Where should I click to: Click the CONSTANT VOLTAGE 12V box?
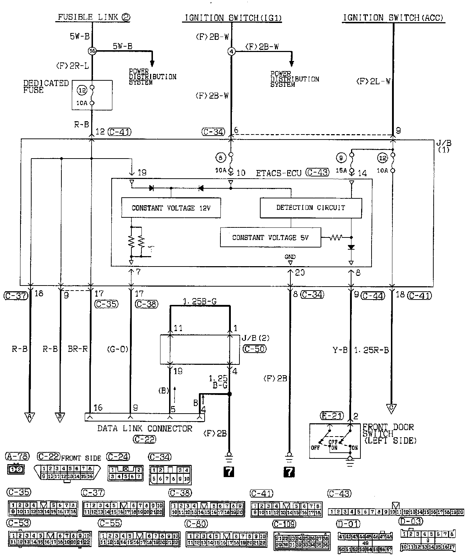[x=171, y=208]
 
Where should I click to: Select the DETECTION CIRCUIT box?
[x=311, y=208]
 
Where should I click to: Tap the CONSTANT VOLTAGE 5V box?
[x=270, y=237]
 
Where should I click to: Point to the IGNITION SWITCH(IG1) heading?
[x=233, y=18]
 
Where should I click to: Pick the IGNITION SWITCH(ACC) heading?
[x=393, y=18]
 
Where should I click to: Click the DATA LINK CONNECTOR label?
[x=145, y=428]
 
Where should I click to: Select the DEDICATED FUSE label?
[x=46, y=86]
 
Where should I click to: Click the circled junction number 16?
[x=92, y=51]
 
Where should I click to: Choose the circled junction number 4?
[x=231, y=52]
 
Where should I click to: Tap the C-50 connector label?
[x=255, y=349]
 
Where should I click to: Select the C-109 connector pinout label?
[x=284, y=524]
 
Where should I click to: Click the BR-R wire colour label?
[x=78, y=349]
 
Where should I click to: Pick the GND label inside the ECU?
[x=290, y=257]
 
